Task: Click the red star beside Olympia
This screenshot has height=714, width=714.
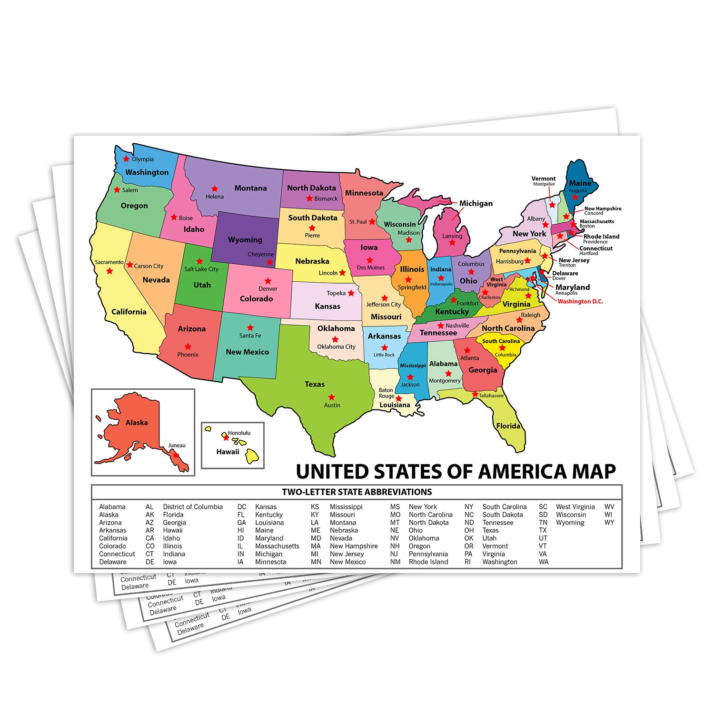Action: tap(126, 159)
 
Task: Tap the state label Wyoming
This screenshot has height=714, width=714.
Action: tap(245, 240)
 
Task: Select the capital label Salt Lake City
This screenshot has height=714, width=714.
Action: tap(201, 269)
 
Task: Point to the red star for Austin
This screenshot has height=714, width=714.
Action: tap(332, 397)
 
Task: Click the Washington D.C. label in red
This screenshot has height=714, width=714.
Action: tap(580, 301)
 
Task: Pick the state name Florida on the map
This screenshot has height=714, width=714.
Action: tap(508, 426)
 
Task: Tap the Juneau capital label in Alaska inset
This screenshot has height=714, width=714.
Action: tap(177, 446)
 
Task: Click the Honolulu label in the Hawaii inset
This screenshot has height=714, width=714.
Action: tap(239, 433)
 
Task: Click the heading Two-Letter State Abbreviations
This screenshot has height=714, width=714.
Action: tap(357, 492)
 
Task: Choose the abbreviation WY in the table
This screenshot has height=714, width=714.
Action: tap(609, 523)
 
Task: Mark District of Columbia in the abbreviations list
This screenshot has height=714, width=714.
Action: tap(193, 507)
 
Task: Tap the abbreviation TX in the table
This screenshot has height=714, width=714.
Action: tap(543, 530)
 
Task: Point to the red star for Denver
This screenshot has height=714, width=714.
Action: tap(268, 281)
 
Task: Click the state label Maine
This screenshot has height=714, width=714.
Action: tap(580, 183)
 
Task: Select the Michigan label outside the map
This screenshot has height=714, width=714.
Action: tap(476, 203)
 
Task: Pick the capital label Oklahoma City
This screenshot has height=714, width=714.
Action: tap(337, 347)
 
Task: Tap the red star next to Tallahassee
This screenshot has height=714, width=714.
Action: tap(475, 395)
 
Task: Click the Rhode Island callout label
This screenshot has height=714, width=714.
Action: tap(601, 237)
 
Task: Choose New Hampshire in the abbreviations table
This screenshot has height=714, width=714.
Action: tap(354, 546)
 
